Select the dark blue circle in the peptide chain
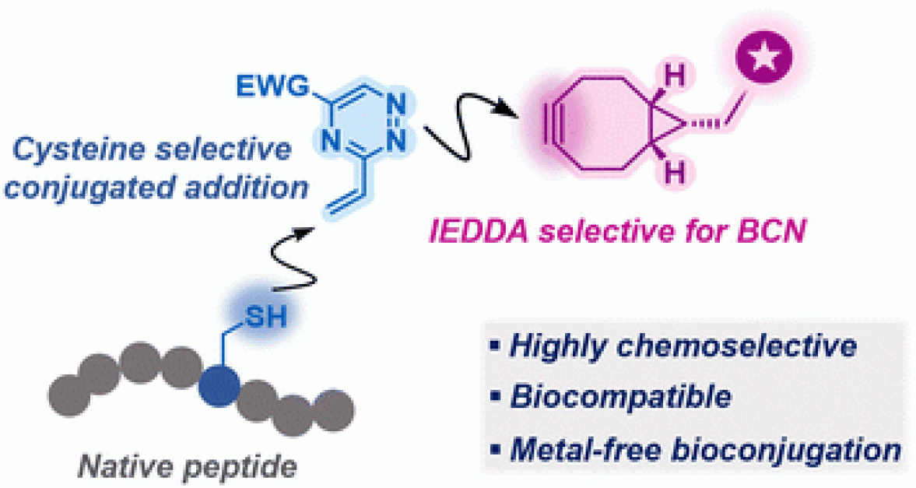[x=220, y=387]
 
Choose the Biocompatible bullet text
[x=620, y=397]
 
